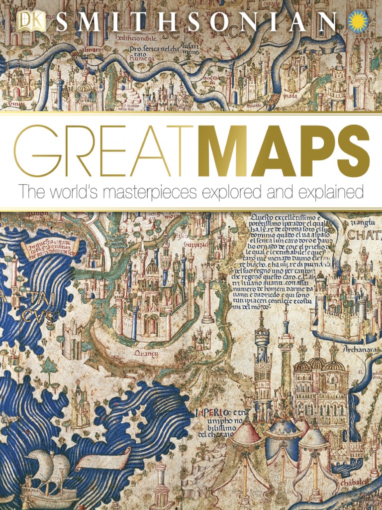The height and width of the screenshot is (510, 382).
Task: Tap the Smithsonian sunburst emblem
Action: (x=359, y=21)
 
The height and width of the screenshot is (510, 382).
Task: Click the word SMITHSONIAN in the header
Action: (x=196, y=22)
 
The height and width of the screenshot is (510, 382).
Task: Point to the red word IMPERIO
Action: (x=213, y=412)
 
